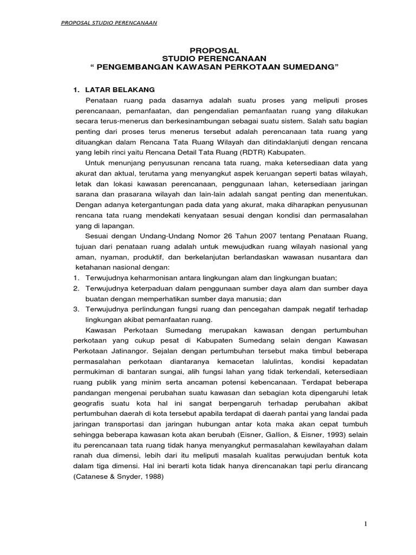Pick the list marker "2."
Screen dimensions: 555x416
click(x=76, y=288)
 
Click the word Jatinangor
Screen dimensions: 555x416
click(x=118, y=351)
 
